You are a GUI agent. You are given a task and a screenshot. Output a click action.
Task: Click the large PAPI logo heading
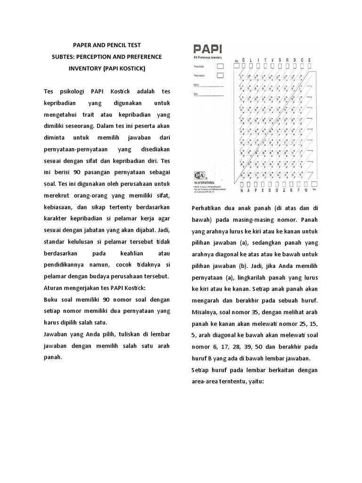[207, 49]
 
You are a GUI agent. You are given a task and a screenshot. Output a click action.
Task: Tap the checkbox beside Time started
[220, 67]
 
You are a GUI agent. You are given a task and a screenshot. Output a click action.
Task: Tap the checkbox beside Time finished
[220, 75]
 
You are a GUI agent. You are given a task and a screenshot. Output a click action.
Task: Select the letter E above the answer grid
[309, 60]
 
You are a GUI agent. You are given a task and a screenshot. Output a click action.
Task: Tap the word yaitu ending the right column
[255, 382]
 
